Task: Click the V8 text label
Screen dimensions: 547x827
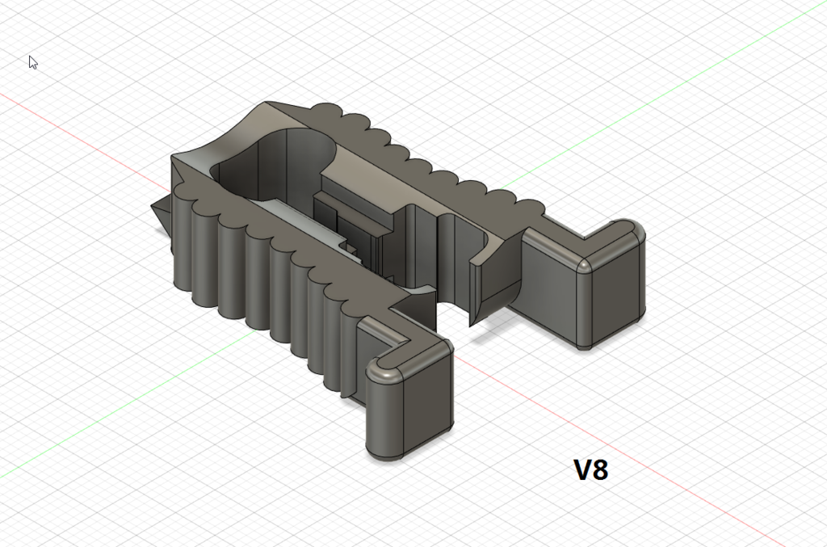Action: coord(590,470)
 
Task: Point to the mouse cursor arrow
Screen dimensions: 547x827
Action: coord(32,61)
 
